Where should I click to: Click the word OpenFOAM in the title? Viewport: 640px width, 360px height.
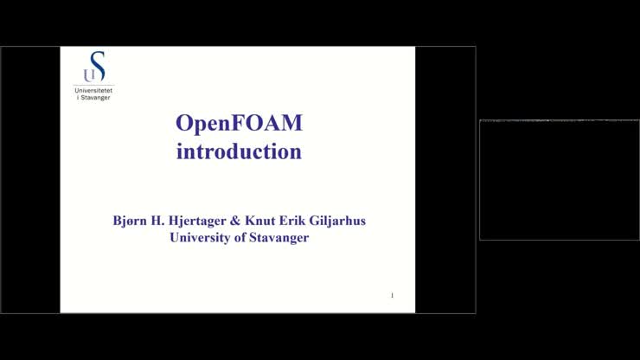coord(239,123)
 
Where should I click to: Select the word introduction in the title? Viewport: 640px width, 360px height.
coord(239,151)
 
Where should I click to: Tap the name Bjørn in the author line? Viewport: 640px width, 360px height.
coord(131,221)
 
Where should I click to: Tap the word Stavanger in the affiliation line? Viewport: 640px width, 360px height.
coord(278,238)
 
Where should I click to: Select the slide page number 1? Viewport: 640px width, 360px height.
coord(392,296)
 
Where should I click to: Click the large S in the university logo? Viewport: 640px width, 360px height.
coord(98,66)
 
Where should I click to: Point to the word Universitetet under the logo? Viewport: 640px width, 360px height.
coord(93,90)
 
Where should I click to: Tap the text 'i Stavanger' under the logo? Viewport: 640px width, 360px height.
coord(93,97)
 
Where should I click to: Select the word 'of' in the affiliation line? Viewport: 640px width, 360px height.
coord(240,237)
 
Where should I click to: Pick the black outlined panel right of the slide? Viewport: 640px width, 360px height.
coord(559,180)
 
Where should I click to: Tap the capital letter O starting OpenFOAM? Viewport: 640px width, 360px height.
coord(184,123)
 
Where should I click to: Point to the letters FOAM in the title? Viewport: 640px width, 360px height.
coord(270,123)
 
